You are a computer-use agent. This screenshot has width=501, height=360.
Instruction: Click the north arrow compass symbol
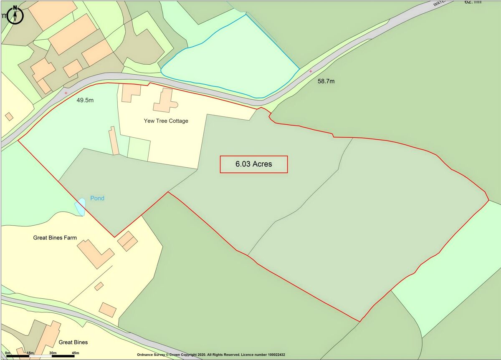15,15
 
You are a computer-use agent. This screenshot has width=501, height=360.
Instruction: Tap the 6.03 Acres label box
254,164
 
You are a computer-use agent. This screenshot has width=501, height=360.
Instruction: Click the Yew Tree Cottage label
166,121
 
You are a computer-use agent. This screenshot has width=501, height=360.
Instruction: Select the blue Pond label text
97,198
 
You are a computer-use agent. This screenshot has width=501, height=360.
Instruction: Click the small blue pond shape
80,207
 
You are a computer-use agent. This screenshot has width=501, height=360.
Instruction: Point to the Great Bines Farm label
55,238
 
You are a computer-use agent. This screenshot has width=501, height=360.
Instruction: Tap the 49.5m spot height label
85,100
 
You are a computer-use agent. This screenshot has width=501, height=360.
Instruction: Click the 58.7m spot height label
326,81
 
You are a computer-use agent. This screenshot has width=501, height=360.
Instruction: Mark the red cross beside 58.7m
311,71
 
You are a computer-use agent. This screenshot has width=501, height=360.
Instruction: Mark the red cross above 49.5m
66,93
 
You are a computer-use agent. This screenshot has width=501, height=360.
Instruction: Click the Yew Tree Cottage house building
165,101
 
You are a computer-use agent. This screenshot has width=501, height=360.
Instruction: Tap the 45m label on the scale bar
70,353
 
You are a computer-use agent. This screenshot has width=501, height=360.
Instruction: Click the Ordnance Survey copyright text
211,355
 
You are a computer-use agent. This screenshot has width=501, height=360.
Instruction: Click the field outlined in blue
234,63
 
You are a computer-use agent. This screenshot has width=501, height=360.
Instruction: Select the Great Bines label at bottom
73,342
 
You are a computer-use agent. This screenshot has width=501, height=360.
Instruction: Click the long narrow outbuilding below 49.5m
114,141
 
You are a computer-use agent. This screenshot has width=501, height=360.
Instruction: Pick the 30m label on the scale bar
53,353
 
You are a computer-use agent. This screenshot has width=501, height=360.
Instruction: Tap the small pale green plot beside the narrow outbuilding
138,149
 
